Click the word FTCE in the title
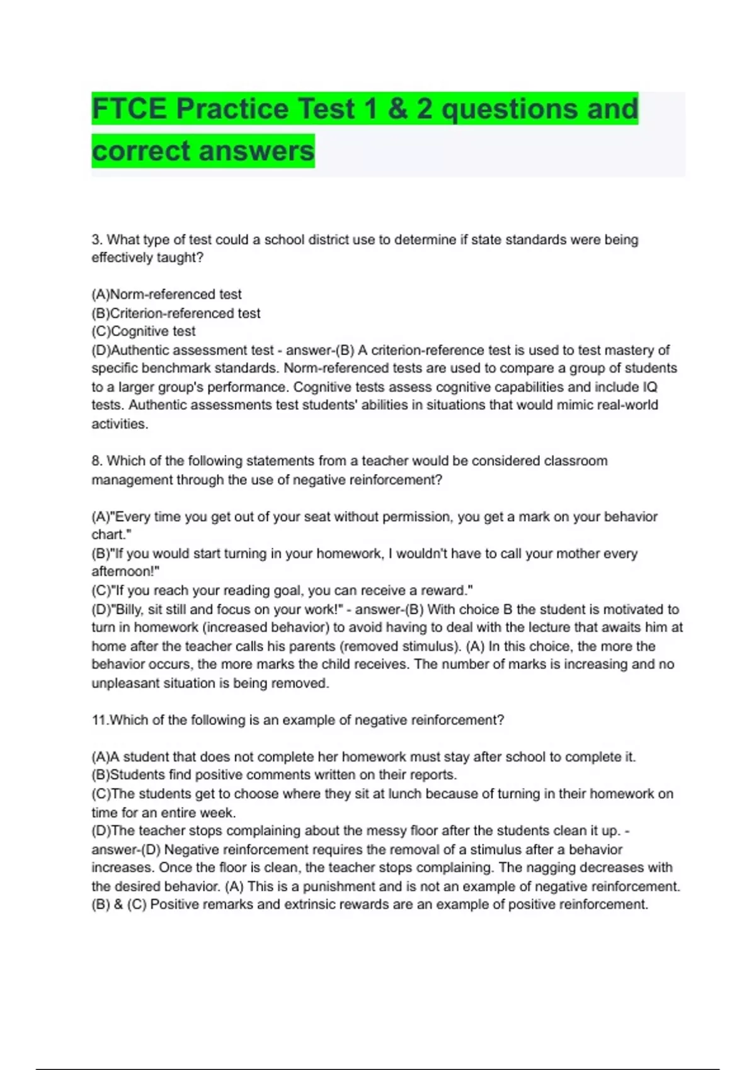[130, 109]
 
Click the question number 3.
[96, 240]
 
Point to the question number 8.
[96, 461]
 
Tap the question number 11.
[100, 720]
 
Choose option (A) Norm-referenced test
[167, 295]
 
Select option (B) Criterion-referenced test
[176, 313]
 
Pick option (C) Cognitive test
[144, 332]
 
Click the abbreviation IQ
[650, 387]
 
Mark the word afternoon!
[125, 572]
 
